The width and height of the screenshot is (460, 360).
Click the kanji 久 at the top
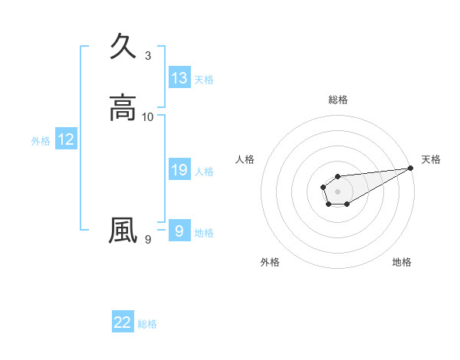pos(123,46)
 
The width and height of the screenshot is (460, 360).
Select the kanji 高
pos(123,107)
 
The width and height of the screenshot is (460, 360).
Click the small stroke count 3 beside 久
pos(148,56)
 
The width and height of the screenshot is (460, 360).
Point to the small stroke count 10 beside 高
pos(148,117)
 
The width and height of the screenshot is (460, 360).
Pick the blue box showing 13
pos(179,78)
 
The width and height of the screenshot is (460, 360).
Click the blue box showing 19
pos(179,170)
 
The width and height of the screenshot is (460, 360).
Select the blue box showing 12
pos(66,139)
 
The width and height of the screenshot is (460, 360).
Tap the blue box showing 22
pos(123,322)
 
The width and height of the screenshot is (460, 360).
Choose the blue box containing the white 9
pos(179,231)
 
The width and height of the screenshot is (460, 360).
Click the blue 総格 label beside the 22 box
pos(147,324)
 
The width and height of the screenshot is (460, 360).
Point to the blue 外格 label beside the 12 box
pos(41,141)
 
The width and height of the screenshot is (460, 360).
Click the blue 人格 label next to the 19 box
pos(204,172)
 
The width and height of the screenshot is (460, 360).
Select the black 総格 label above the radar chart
pos(337,100)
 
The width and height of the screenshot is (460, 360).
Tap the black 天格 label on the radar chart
pos(431,159)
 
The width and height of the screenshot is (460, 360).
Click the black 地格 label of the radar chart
pos(402,262)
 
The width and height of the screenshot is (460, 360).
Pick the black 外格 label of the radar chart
pos(270,262)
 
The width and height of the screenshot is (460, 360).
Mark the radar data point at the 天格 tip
pos(411,167)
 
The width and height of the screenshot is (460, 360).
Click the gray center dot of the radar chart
pos(337,190)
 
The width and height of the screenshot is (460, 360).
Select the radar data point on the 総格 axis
pos(337,176)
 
